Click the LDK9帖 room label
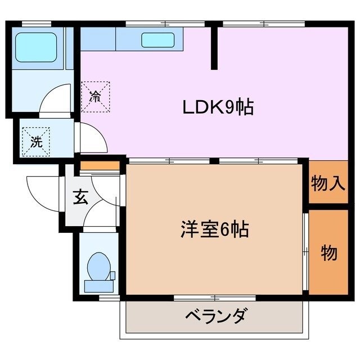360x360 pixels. click(217, 106)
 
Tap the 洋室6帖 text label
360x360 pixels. click(214, 229)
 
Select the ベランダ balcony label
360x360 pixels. click(215, 316)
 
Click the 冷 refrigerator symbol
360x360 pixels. click(95, 95)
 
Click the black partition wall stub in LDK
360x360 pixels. click(214, 47)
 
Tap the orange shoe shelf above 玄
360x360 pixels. click(100, 166)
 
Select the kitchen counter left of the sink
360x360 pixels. click(98, 39)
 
